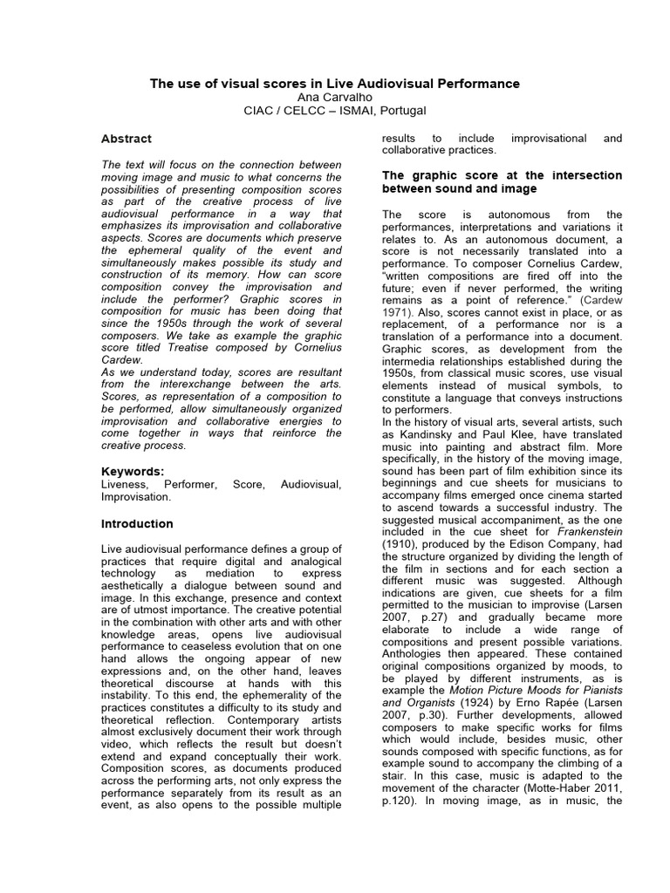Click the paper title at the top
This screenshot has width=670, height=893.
pyautogui.click(x=334, y=84)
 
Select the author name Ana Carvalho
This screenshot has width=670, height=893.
pyautogui.click(x=334, y=97)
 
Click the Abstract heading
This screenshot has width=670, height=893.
pyautogui.click(x=126, y=139)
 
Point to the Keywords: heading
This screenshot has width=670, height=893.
pyautogui.click(x=133, y=471)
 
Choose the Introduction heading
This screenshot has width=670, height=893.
pyautogui.click(x=137, y=524)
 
